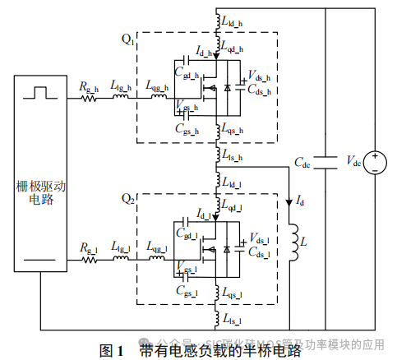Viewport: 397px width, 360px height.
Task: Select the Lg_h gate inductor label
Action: [121, 87]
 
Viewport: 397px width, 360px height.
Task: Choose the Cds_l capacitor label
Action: [259, 254]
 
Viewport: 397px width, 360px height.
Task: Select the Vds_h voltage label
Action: [259, 79]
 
